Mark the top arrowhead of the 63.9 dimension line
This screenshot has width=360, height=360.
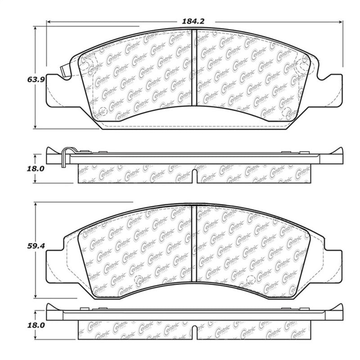point(35,26)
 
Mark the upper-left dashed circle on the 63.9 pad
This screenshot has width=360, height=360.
point(88,63)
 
